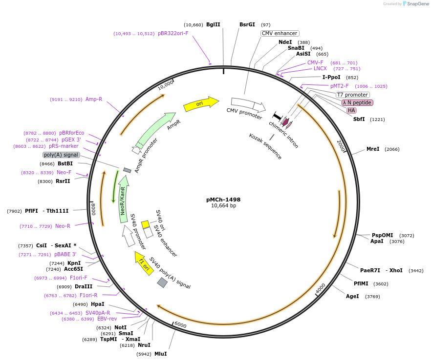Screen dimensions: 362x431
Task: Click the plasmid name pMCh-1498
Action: (x=223, y=200)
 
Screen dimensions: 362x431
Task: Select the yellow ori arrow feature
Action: (x=200, y=104)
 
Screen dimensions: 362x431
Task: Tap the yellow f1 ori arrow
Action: (x=144, y=263)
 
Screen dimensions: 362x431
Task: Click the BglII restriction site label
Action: (x=213, y=24)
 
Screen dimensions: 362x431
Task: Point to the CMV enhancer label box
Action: (x=280, y=33)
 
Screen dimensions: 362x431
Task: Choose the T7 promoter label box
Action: (x=352, y=95)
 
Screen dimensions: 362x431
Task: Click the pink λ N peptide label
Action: (x=357, y=102)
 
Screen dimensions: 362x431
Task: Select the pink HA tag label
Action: (x=351, y=110)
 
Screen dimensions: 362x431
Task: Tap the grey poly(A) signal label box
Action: (x=61, y=155)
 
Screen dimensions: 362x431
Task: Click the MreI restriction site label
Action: (x=373, y=149)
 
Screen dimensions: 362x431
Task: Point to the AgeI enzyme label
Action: (x=352, y=296)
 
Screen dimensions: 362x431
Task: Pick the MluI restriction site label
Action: (x=160, y=354)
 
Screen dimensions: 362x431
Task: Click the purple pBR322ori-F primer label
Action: (x=173, y=34)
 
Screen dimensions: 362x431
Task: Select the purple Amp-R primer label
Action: (x=94, y=99)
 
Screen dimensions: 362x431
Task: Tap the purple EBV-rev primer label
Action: (x=107, y=319)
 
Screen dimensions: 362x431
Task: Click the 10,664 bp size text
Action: (x=223, y=206)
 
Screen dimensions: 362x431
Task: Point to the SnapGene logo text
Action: (x=418, y=4)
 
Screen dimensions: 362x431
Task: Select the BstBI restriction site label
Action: (x=65, y=163)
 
